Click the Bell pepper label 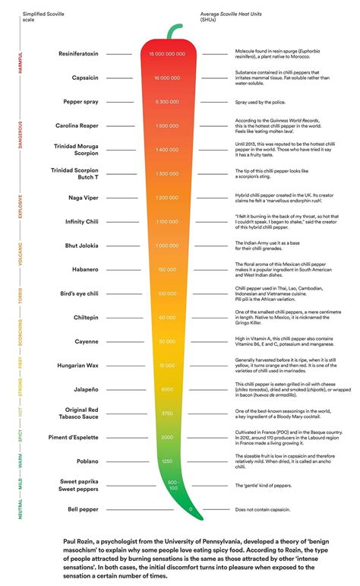click(81, 508)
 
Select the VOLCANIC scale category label click(20, 255)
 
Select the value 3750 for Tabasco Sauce click(168, 413)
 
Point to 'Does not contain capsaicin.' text click(266, 508)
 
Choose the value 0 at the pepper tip click(190, 508)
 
